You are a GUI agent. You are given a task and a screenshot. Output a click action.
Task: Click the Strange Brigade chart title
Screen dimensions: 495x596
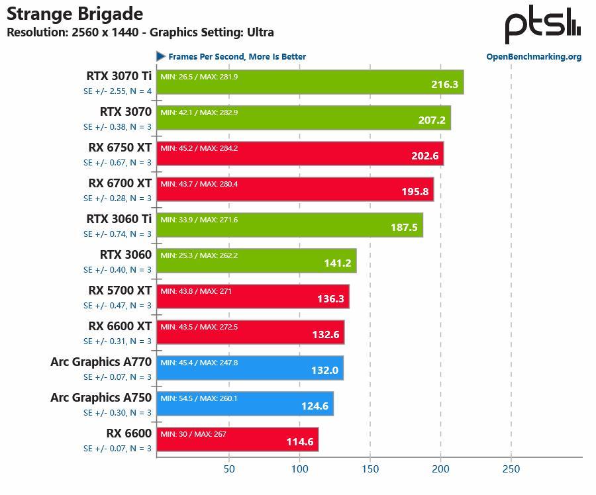click(x=75, y=13)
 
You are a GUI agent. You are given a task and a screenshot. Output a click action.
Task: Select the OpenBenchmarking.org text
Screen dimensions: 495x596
click(x=534, y=57)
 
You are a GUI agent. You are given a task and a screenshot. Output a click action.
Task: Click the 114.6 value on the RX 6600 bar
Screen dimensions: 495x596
click(x=300, y=442)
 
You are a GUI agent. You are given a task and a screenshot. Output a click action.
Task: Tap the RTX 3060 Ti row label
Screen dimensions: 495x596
click(x=119, y=219)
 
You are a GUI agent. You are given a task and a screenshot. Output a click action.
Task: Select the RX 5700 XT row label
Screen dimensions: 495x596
click(x=120, y=291)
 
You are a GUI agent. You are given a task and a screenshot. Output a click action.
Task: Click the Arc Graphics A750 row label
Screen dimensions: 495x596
click(x=101, y=398)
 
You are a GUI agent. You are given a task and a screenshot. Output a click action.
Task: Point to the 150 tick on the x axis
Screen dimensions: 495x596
click(x=370, y=469)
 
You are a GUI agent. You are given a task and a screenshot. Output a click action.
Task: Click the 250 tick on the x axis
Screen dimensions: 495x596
click(x=511, y=469)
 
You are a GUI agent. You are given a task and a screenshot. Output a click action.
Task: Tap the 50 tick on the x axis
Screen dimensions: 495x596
click(x=229, y=469)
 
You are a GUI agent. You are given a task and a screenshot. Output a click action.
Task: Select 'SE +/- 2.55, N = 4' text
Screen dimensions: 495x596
click(x=117, y=91)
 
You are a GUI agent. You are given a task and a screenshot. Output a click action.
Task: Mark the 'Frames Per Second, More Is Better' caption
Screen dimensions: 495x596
click(x=237, y=57)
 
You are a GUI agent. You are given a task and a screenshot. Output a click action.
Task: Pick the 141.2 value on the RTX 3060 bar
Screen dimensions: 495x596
click(x=338, y=263)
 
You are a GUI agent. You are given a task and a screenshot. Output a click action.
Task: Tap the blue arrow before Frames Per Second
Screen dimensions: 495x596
click(x=161, y=56)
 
